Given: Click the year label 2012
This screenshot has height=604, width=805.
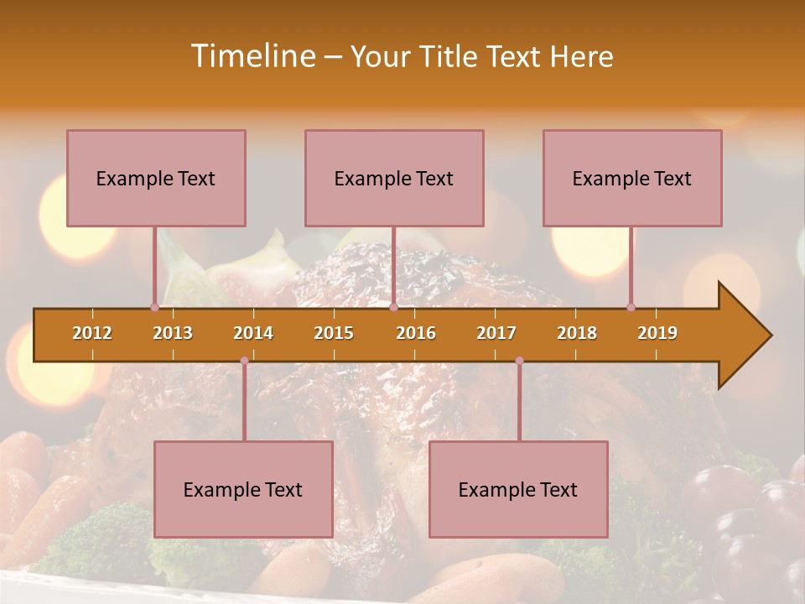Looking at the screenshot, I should tap(92, 333).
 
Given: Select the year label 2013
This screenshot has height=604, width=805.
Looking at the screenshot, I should tap(173, 333).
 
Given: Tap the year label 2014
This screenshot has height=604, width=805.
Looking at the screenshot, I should tap(253, 333).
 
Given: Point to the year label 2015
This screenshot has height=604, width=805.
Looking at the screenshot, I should tap(334, 333).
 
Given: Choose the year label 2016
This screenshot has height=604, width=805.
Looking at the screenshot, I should tap(416, 333).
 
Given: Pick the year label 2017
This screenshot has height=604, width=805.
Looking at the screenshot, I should tap(496, 333).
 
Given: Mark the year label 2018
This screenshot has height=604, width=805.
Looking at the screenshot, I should tap(577, 333).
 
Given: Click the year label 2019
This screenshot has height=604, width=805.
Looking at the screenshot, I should tap(657, 333).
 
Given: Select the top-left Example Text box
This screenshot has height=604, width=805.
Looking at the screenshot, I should tap(156, 178).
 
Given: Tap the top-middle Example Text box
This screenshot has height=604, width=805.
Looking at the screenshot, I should tap(394, 178).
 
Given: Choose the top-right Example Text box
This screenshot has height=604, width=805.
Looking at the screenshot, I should tap(632, 178).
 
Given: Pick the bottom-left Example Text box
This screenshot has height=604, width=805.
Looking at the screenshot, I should tap(243, 489).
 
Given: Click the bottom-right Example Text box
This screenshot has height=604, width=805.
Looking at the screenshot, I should tap(518, 489).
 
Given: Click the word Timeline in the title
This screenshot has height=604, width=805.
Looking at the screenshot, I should tap(252, 56).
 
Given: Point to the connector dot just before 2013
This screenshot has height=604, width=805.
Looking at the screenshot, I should tap(154, 307).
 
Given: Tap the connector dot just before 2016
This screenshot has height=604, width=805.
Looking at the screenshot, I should tap(393, 307).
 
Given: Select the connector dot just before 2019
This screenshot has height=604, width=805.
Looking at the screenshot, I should tap(631, 307).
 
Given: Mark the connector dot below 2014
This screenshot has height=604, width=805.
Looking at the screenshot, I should tap(244, 361).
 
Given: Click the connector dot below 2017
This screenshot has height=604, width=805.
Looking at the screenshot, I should tap(519, 361).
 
